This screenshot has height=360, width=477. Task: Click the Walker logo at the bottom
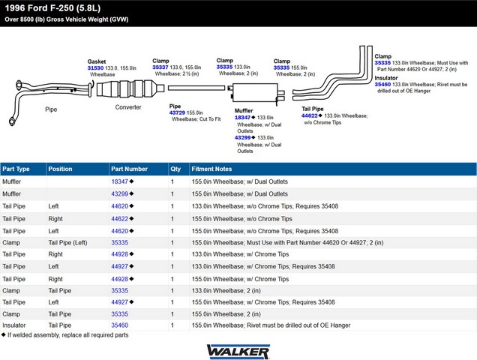[238, 352]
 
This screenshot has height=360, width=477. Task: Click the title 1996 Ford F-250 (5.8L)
[52, 8]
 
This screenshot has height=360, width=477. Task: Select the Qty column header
[175, 169]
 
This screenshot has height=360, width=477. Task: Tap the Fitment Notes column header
[211, 169]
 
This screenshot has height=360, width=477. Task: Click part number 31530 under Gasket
[95, 68]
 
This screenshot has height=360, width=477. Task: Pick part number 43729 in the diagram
[177, 112]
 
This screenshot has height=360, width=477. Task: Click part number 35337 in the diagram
[160, 67]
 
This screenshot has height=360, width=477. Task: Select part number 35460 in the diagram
[382, 84]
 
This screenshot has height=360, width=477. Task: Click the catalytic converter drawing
[130, 88]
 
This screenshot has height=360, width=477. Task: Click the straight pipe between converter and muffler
[196, 88]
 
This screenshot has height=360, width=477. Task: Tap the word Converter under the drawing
[128, 107]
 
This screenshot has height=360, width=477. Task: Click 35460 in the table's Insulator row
[119, 325]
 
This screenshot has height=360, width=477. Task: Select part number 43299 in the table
[119, 193]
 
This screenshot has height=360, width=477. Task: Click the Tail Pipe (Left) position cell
[67, 242]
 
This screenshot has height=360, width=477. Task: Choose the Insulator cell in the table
[14, 325]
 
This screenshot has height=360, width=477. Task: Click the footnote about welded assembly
[64, 335]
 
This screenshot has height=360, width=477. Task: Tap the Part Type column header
[16, 169]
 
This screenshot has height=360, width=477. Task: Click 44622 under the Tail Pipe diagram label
[310, 115]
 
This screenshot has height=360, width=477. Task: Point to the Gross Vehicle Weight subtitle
[66, 19]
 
